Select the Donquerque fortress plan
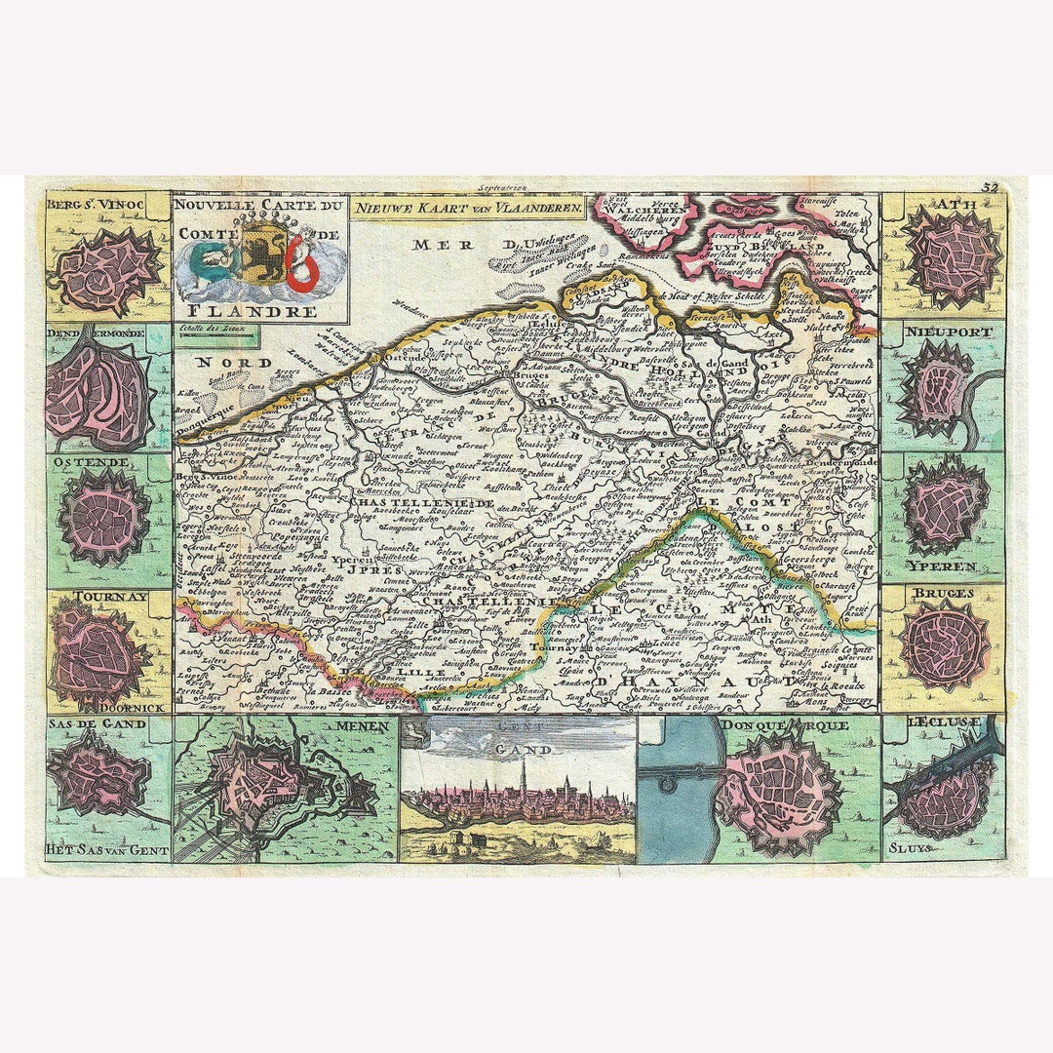click(777, 791)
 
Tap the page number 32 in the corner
click(993, 187)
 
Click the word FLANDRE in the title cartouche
click(260, 312)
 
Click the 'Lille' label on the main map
click(399, 674)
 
